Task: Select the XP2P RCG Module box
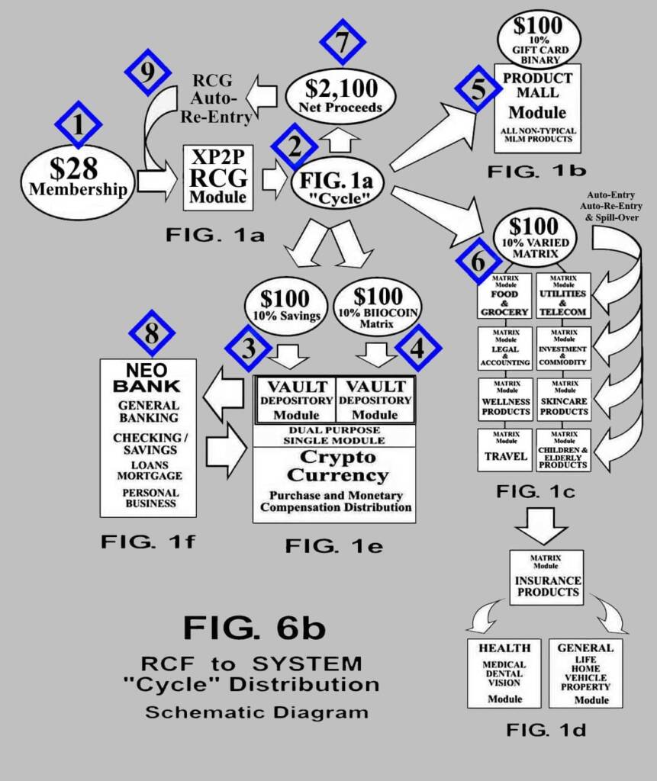[217, 177]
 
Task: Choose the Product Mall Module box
[537, 108]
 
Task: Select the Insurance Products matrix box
[546, 577]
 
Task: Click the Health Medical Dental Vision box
[504, 673]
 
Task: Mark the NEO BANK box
[148, 437]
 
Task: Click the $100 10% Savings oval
[284, 305]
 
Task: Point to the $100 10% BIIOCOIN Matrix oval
[376, 305]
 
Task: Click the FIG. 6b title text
[254, 628]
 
